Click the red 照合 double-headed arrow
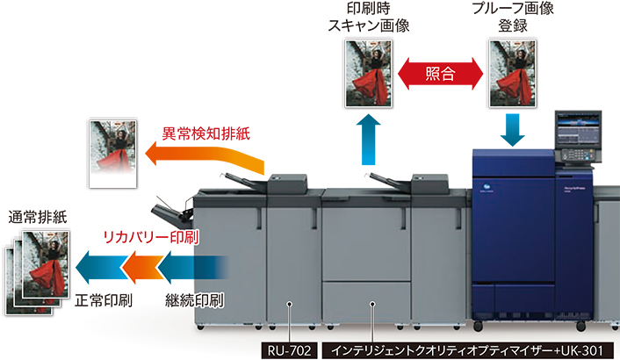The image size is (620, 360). [x=440, y=74]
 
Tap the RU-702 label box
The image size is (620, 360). [x=290, y=350]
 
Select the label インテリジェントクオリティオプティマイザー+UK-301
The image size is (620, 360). [x=468, y=350]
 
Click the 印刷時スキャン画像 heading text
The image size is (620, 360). [x=369, y=17]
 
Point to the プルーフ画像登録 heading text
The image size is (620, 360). [x=513, y=17]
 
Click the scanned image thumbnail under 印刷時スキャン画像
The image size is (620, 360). [x=369, y=73]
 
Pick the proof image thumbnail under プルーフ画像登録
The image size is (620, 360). [x=513, y=73]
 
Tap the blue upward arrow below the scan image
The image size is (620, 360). [x=368, y=140]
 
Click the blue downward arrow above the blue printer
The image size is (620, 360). [x=513, y=130]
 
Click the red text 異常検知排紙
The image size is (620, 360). [x=206, y=133]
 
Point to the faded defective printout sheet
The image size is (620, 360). [x=113, y=154]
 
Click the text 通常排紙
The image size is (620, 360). [x=38, y=218]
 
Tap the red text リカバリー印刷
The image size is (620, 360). [x=151, y=237]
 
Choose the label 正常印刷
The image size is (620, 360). [x=104, y=300]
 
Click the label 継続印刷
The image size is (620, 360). [x=194, y=300]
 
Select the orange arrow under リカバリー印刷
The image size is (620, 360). [x=142, y=267]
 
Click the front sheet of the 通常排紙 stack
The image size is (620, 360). [x=46, y=264]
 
